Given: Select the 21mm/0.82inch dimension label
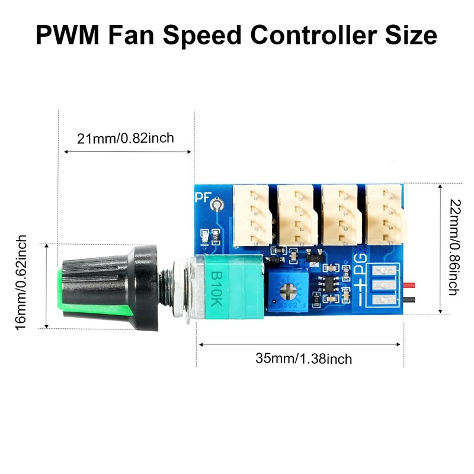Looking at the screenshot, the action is pyautogui.click(x=126, y=139).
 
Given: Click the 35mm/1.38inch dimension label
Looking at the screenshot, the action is pyautogui.click(x=303, y=358).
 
